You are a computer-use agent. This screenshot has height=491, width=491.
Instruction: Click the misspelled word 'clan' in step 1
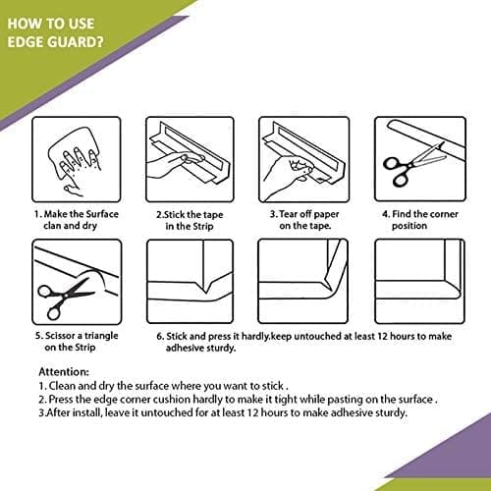[x=52, y=226]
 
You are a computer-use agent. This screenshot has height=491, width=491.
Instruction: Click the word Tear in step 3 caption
[x=289, y=214]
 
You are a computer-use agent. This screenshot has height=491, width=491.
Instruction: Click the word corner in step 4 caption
[x=443, y=214]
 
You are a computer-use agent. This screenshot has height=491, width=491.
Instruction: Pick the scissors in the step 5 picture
[x=66, y=298]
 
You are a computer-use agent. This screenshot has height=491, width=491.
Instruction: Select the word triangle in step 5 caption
[x=101, y=336]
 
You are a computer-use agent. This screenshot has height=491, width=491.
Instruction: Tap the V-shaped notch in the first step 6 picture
[x=204, y=286]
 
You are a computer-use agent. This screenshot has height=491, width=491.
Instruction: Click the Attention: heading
[x=64, y=372]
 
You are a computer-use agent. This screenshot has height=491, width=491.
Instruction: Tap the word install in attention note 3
[x=87, y=412]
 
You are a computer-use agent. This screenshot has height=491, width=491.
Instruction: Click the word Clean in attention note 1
[x=62, y=386]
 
